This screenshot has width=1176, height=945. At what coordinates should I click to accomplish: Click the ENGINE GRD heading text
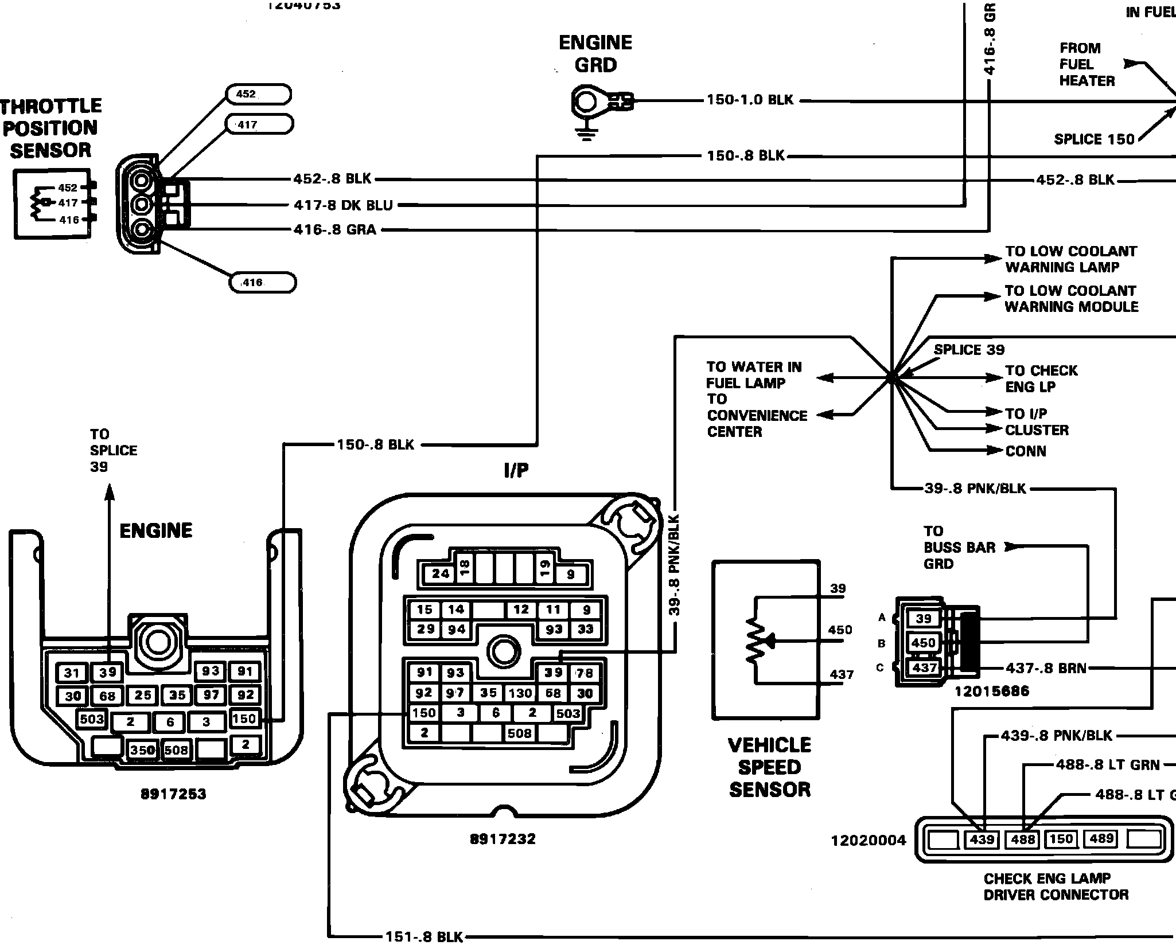click(x=595, y=54)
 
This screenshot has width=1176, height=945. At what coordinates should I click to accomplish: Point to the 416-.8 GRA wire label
click(x=335, y=230)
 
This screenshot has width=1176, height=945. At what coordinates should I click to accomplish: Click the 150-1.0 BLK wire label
click(x=750, y=100)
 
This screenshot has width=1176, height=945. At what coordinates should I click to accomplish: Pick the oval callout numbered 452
click(x=259, y=94)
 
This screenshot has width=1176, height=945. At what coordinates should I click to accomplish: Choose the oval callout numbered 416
click(x=263, y=283)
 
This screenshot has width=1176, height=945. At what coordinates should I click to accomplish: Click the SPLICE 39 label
click(x=969, y=350)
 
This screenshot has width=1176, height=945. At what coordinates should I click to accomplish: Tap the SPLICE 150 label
click(x=1094, y=139)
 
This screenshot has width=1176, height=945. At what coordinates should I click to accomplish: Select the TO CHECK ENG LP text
click(x=1041, y=378)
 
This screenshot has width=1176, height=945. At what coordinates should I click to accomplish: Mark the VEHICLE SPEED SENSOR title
click(x=770, y=767)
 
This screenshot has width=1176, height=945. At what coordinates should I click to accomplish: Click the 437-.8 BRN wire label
click(x=1046, y=668)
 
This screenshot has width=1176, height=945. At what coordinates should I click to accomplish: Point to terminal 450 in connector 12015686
click(x=924, y=643)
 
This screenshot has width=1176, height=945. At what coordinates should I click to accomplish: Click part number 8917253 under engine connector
click(x=173, y=794)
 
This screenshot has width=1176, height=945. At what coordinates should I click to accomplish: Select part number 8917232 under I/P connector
click(x=503, y=839)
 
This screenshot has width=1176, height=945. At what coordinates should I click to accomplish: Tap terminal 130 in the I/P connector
click(x=520, y=693)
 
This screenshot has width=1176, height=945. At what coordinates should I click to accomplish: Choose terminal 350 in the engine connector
click(x=142, y=750)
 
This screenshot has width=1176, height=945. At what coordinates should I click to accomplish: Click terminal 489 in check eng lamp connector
click(x=1101, y=839)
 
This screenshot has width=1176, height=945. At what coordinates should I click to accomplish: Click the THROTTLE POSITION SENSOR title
click(x=50, y=128)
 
